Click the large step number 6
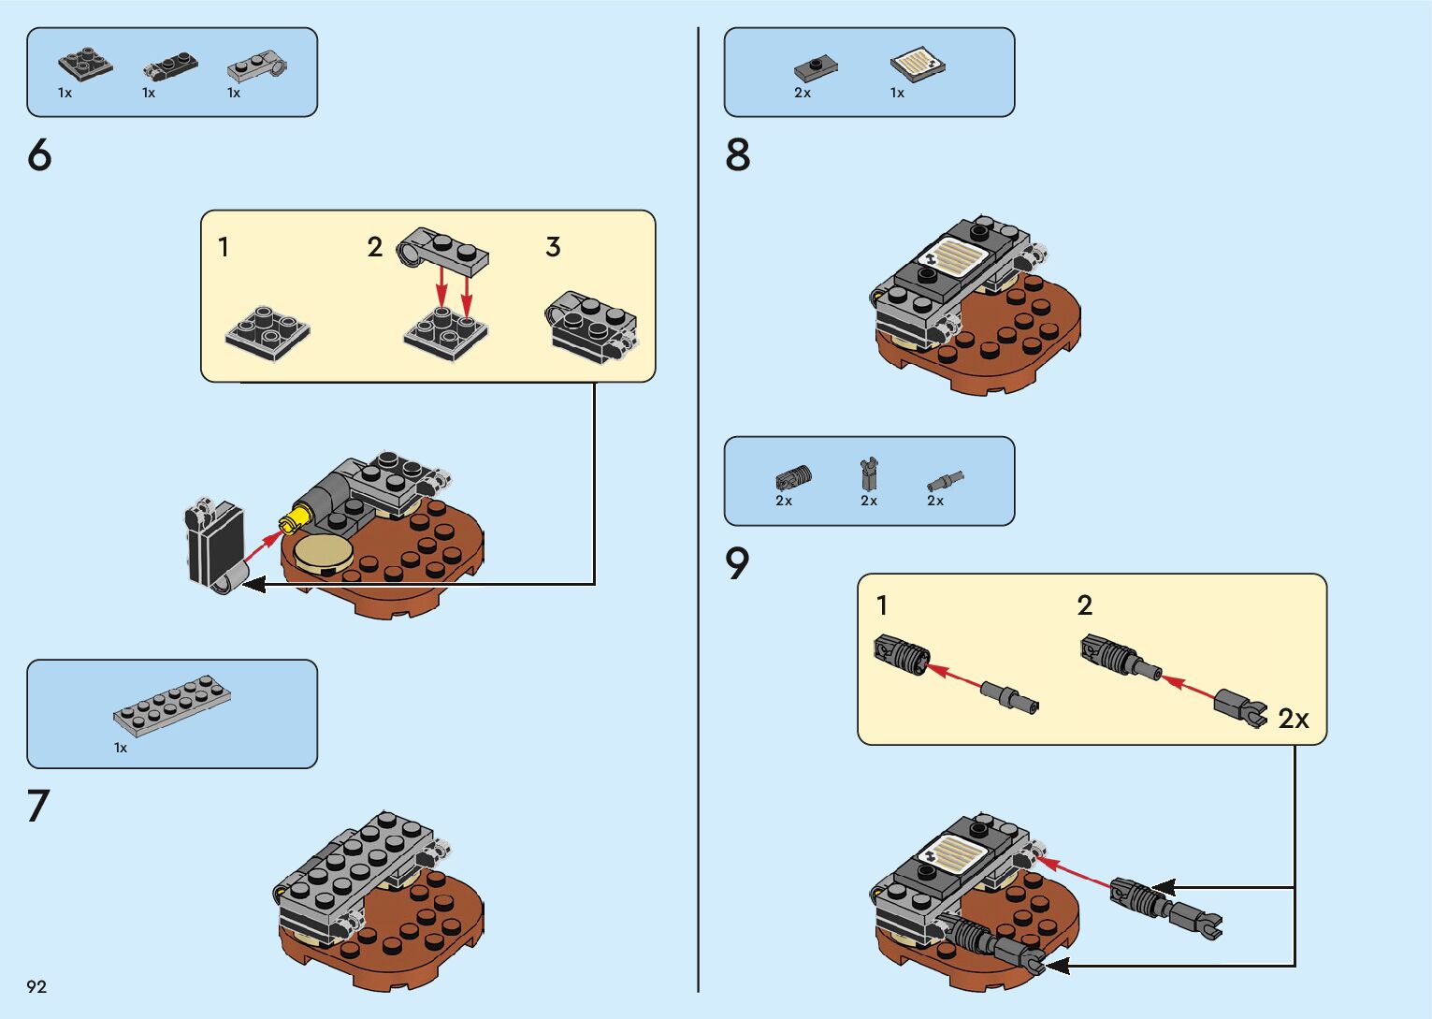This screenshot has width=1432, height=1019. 39,154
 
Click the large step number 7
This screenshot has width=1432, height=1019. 38,806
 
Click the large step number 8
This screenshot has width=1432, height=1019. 738,154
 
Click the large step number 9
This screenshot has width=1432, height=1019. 738,563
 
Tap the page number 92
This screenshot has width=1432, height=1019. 36,986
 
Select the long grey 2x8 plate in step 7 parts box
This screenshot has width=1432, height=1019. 173,704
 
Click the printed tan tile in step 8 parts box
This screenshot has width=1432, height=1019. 917,65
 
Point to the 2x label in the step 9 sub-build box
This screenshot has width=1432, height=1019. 1294,719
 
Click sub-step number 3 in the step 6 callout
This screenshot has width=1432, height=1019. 553,247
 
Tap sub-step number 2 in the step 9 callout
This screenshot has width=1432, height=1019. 1085,605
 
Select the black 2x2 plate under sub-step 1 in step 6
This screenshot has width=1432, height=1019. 268,332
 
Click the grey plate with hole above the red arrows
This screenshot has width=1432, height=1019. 442,251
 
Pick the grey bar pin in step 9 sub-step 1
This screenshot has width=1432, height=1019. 1009,697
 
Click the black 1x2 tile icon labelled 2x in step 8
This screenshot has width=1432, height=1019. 816,67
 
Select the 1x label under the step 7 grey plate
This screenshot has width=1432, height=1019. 121,748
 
